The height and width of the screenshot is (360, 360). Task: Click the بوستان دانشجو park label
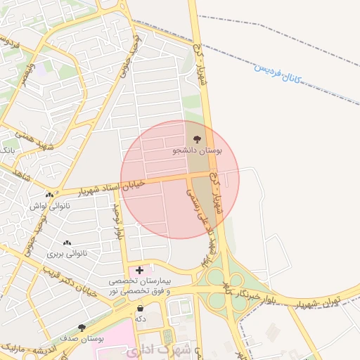pos(197,150)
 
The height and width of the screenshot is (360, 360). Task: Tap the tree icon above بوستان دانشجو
pos(196,139)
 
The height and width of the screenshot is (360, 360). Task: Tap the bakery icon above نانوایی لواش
pos(49,195)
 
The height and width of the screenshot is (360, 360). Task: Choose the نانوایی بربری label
pos(67,253)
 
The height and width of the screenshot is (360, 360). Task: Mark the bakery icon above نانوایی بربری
pos(67,243)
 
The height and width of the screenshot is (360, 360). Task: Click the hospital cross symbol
pos(140,270)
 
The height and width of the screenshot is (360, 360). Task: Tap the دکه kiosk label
pos(141,319)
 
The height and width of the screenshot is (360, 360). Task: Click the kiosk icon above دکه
pos(141,308)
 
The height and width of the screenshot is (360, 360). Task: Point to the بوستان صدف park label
pos(82,338)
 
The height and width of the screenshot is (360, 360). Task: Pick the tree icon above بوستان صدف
pos(82,328)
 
